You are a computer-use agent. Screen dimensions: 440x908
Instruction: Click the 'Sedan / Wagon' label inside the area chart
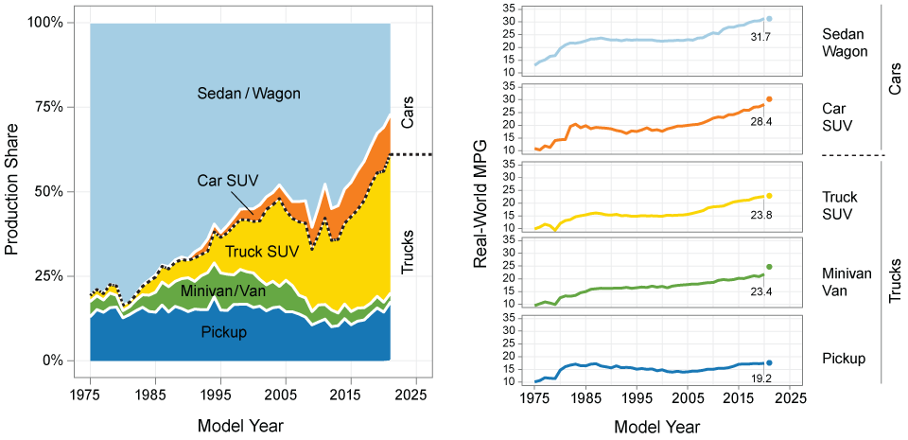tap(245, 94)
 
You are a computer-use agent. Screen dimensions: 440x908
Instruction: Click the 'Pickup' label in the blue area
tap(224, 332)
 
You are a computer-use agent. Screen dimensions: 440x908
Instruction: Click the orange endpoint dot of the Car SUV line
tap(769, 99)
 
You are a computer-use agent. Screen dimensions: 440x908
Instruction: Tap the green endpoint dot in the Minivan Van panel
tap(769, 267)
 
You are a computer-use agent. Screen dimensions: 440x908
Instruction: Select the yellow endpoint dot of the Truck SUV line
tap(769, 196)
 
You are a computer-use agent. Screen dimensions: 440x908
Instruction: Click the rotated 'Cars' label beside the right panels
tap(895, 79)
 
